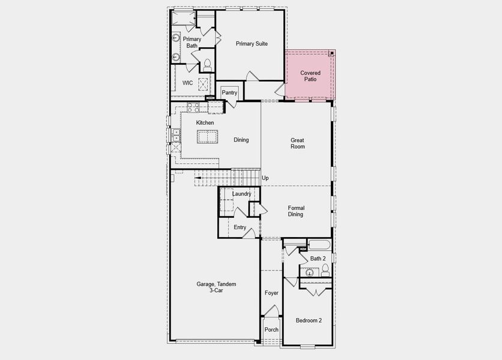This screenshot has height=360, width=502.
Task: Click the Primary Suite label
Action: [x=252, y=44]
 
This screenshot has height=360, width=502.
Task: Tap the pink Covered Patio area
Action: [x=310, y=75]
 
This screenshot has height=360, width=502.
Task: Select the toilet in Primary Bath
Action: [x=207, y=65]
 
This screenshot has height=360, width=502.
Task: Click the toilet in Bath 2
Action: [x=325, y=270]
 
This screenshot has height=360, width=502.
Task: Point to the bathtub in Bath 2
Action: [x=319, y=245]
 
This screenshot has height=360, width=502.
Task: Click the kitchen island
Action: [x=207, y=137]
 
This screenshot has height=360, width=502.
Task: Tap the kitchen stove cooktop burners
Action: [x=193, y=107]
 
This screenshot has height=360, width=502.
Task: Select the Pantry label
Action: [x=229, y=92]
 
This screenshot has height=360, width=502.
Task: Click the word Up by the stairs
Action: [x=265, y=178]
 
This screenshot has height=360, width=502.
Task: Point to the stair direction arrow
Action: [x=198, y=178]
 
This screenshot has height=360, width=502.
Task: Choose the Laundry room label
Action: [x=241, y=194]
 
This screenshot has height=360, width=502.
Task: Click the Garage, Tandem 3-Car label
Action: [x=216, y=287]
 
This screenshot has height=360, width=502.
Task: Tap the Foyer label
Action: [x=271, y=293]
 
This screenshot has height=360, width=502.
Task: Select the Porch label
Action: [x=271, y=329]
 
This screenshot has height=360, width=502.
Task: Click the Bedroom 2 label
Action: [x=309, y=320]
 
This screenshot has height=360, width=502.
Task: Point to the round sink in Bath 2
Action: [x=309, y=272]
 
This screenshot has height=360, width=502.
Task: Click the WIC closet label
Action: [x=187, y=83]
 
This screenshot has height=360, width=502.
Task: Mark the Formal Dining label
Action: [x=296, y=211]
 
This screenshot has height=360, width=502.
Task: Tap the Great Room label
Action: [x=297, y=143]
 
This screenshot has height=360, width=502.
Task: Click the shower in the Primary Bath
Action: [x=184, y=18]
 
